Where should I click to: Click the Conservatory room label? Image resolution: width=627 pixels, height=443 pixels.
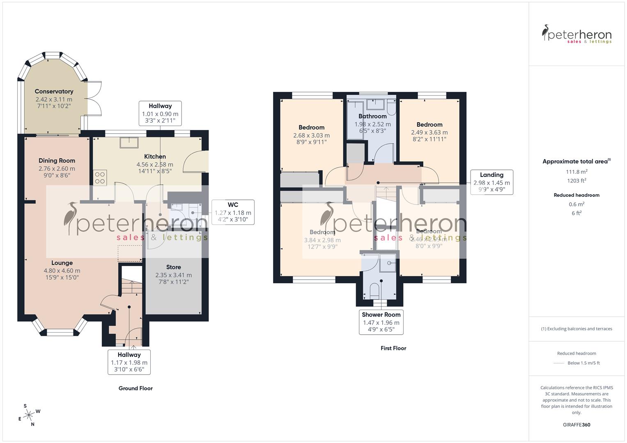(54, 91)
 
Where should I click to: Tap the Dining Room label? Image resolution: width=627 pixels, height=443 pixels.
(57, 160)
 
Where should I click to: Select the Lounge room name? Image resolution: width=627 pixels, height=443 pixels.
(62, 263)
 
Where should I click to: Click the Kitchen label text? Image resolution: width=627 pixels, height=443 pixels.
(155, 156)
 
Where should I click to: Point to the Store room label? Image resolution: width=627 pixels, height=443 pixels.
(173, 267)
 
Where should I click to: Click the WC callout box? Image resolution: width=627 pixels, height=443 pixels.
(233, 212)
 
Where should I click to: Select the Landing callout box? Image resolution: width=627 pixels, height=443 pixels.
(491, 182)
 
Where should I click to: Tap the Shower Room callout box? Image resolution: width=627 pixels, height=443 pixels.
(381, 322)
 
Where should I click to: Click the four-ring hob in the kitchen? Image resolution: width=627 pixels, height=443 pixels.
(100, 178)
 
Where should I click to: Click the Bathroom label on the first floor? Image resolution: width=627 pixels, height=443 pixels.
(372, 116)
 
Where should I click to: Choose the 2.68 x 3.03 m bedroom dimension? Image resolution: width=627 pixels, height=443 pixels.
(311, 135)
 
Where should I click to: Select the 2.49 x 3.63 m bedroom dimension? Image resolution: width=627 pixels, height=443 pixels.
(429, 132)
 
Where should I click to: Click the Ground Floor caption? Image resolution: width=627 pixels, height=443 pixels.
(136, 388)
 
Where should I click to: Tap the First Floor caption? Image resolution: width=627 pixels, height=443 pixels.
(393, 348)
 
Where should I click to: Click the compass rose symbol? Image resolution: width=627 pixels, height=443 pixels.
(29, 415)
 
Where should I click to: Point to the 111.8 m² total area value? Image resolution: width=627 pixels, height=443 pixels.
(576, 172)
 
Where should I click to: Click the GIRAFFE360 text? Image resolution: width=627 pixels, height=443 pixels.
(576, 425)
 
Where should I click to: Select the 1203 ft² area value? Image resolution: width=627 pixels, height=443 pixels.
(576, 180)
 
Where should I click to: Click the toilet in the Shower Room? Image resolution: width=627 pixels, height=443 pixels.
(374, 292)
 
